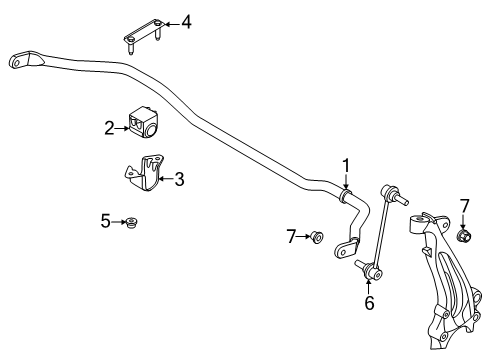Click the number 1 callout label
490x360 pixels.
click(346, 165)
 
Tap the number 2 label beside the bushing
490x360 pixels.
click(109, 127)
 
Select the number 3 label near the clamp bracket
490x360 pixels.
click(179, 180)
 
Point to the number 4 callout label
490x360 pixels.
click(185, 20)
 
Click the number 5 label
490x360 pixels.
click(106, 222)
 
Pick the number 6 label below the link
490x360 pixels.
click(369, 303)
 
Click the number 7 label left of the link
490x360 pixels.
click(291, 236)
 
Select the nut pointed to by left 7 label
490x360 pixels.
click(316, 237)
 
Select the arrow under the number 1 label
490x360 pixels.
click(346, 182)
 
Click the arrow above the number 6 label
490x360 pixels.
click(370, 283)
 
